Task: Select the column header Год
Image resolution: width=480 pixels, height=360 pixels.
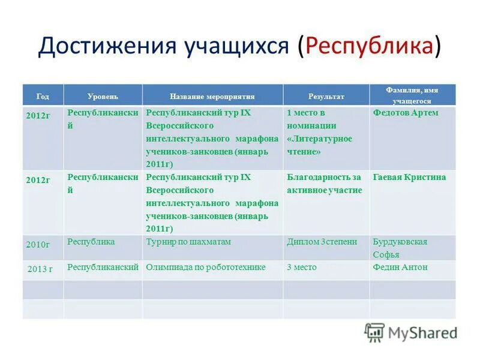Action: (x=43, y=96)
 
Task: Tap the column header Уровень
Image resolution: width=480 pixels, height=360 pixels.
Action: (x=103, y=96)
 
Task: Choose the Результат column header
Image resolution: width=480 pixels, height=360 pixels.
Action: (x=326, y=96)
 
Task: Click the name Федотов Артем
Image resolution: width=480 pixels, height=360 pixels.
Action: (x=406, y=113)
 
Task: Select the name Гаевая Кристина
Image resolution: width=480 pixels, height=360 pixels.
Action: (x=409, y=177)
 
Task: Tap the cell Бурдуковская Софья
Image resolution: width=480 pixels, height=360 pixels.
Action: (x=400, y=247)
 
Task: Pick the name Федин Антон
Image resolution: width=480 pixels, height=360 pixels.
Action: (x=400, y=267)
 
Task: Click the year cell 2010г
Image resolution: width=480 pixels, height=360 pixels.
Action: (x=37, y=244)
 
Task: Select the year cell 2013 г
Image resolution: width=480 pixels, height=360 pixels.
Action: (x=40, y=268)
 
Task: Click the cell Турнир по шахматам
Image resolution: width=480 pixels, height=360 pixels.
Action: (x=188, y=241)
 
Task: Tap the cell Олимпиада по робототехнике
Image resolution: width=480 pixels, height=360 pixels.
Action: (x=206, y=267)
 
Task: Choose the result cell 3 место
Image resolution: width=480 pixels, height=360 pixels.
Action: (x=302, y=267)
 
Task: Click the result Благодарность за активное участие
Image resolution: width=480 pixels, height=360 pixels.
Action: (x=324, y=184)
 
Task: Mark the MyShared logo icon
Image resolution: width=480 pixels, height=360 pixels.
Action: (x=374, y=332)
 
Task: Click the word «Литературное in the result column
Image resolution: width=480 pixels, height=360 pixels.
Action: (x=319, y=139)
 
